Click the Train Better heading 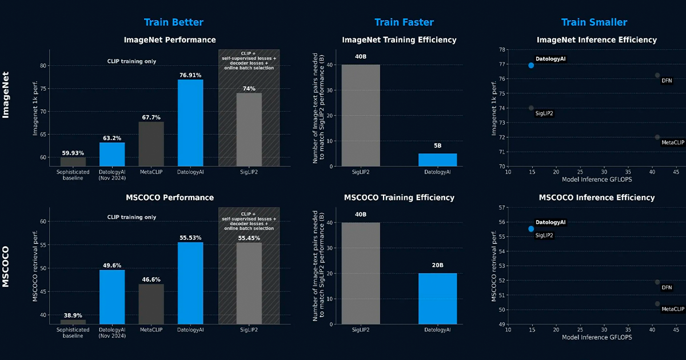coord(173,22)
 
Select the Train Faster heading coord(404,22)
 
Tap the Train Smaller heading coord(594,22)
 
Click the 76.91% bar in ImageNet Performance coord(190,123)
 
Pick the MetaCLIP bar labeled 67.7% coord(151,144)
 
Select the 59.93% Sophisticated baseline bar coord(73,161)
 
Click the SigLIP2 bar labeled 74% coord(249,130)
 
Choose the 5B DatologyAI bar coord(437,159)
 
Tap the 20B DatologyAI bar coord(437,298)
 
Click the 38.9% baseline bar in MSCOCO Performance coord(73,322)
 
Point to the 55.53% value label coord(190,237)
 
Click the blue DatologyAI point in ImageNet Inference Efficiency coord(531,65)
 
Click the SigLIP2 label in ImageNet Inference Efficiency coord(544,114)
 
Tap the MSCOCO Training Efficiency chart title coord(399,198)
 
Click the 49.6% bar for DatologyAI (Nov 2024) coord(112,297)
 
